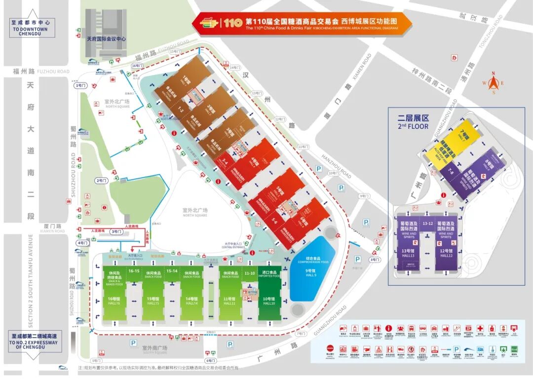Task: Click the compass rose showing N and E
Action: pos(493,83)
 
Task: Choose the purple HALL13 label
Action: pos(408,255)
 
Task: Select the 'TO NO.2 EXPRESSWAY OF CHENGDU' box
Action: pos(33,340)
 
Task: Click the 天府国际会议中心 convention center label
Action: pos(107,38)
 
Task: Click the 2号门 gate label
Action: pos(102,181)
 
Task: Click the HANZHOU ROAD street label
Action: pos(336,167)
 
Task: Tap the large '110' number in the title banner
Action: pos(232,23)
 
